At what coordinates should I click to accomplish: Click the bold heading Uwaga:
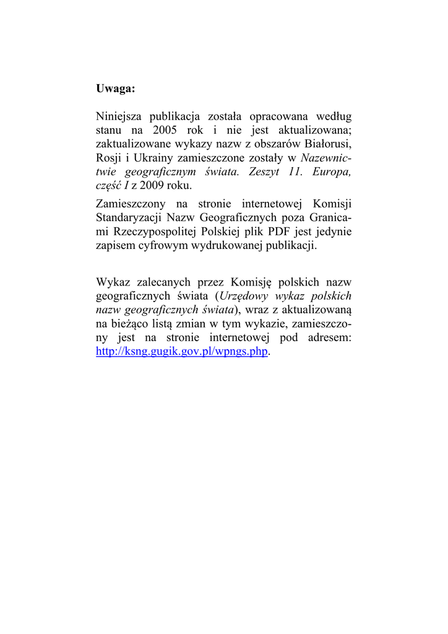point(115,89)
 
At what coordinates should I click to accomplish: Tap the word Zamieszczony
point(131,204)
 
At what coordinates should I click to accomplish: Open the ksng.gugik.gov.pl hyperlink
point(183,351)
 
